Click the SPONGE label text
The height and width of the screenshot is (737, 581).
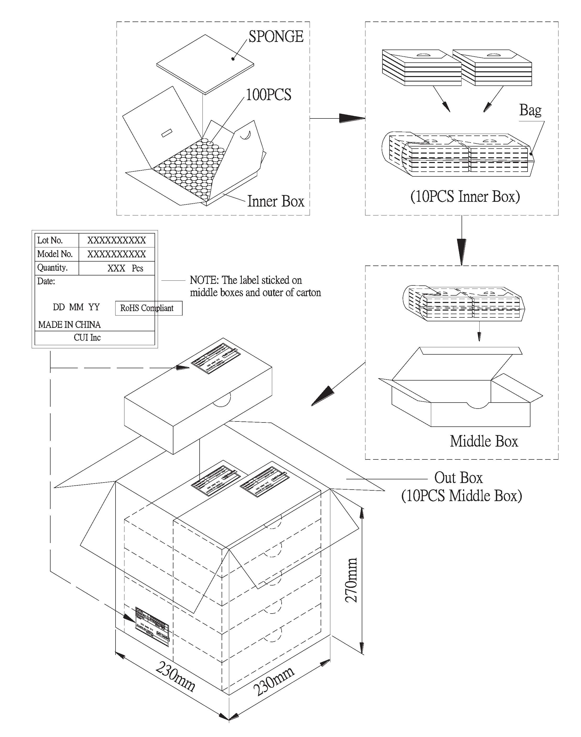(276, 37)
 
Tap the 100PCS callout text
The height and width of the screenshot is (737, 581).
(268, 95)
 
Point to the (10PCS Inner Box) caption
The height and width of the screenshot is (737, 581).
(465, 197)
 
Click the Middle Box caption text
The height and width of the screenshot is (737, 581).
(484, 441)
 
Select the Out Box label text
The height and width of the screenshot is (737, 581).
(458, 478)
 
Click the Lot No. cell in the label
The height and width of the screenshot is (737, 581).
(50, 241)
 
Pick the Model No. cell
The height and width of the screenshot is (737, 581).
(55, 254)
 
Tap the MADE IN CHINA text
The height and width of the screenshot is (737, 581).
(69, 325)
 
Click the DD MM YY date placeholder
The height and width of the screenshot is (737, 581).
(76, 307)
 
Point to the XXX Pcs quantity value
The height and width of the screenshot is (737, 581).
(125, 268)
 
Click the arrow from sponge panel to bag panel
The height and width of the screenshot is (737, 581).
(350, 118)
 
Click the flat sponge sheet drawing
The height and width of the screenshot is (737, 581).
(205, 64)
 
